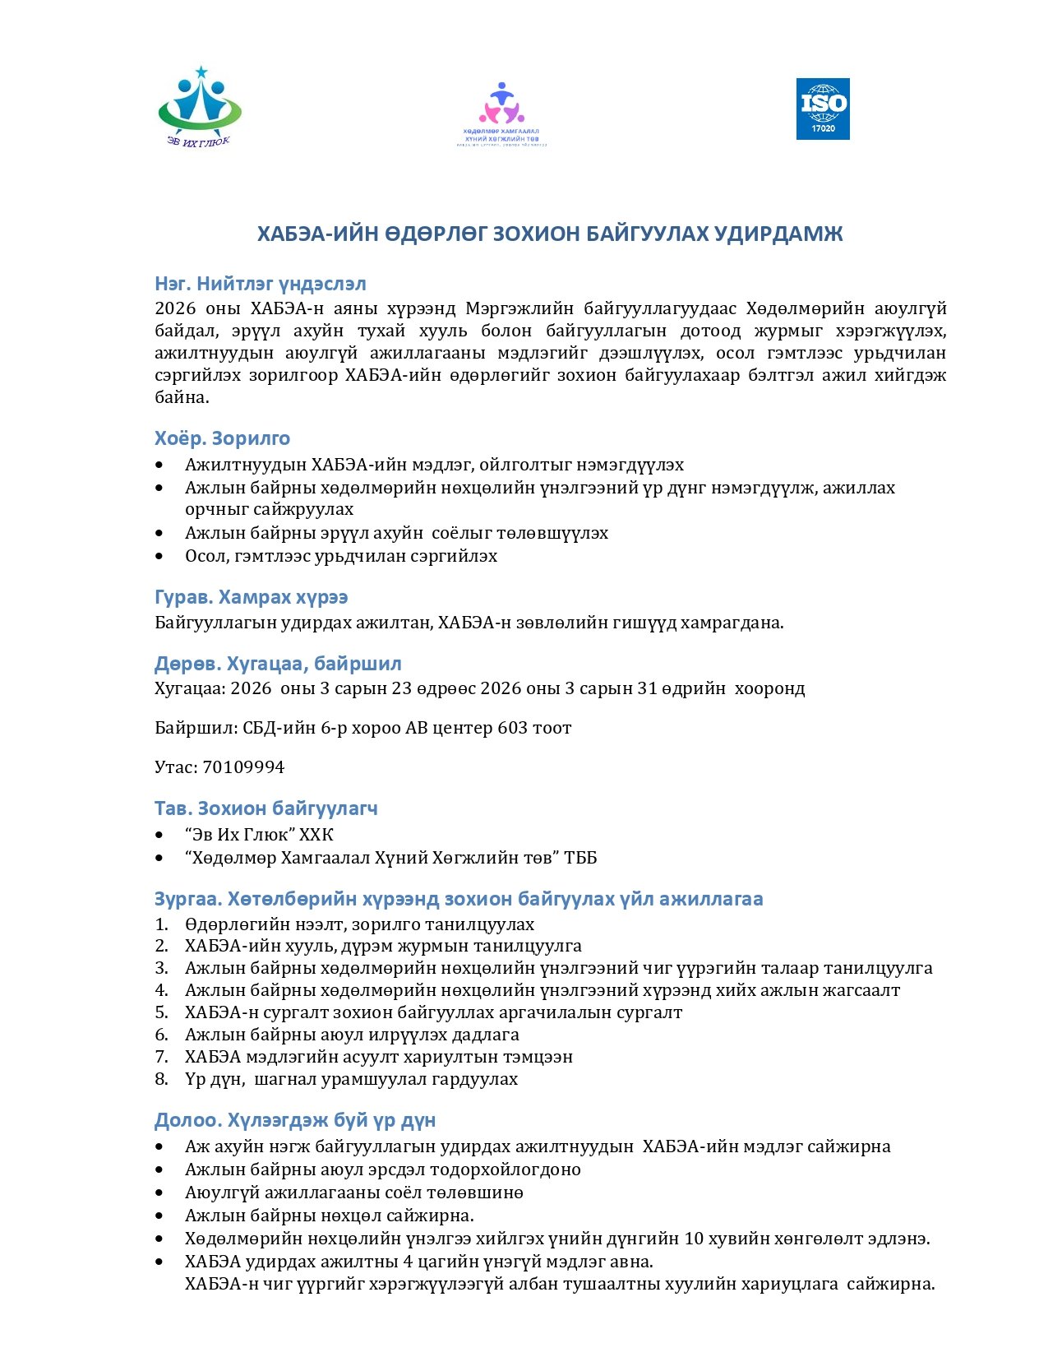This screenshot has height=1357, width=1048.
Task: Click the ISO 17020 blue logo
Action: (822, 109)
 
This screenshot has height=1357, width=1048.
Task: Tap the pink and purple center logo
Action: (501, 113)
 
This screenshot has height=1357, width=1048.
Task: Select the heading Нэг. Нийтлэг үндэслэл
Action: (260, 284)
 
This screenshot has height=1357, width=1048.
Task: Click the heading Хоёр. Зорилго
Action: (222, 438)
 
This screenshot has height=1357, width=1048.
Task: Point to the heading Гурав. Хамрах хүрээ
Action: (251, 597)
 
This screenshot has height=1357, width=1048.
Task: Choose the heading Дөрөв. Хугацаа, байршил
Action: (278, 664)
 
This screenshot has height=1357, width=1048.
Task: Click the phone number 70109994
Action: (243, 767)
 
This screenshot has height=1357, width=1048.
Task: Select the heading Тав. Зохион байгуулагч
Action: (265, 808)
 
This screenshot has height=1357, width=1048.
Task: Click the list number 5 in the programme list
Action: (161, 1012)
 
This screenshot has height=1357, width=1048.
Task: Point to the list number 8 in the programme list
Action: (161, 1079)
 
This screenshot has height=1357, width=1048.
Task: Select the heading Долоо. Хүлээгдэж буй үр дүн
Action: (294, 1120)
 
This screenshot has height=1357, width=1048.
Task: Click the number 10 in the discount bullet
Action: (695, 1239)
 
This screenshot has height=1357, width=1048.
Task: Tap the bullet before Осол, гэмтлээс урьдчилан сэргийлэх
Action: (159, 557)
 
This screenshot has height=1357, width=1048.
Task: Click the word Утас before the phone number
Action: (174, 767)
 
